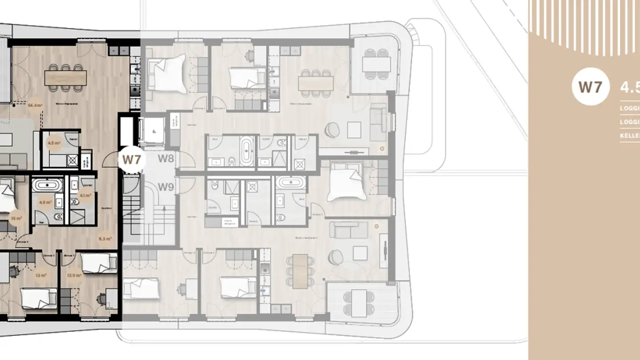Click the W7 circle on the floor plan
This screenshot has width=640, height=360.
point(132,159)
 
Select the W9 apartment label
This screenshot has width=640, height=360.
point(166,187)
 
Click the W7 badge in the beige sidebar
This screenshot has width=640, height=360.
point(590,87)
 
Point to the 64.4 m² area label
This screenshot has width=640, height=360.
point(34,106)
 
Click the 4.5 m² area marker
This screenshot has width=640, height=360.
point(53,143)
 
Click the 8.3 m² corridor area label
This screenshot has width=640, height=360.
point(105,239)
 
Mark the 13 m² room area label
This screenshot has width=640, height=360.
point(41,275)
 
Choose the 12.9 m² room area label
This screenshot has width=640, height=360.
point(74,275)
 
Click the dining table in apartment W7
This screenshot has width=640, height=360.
point(65,78)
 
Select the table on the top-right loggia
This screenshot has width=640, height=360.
point(376,64)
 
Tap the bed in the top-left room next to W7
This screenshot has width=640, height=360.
point(167,73)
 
